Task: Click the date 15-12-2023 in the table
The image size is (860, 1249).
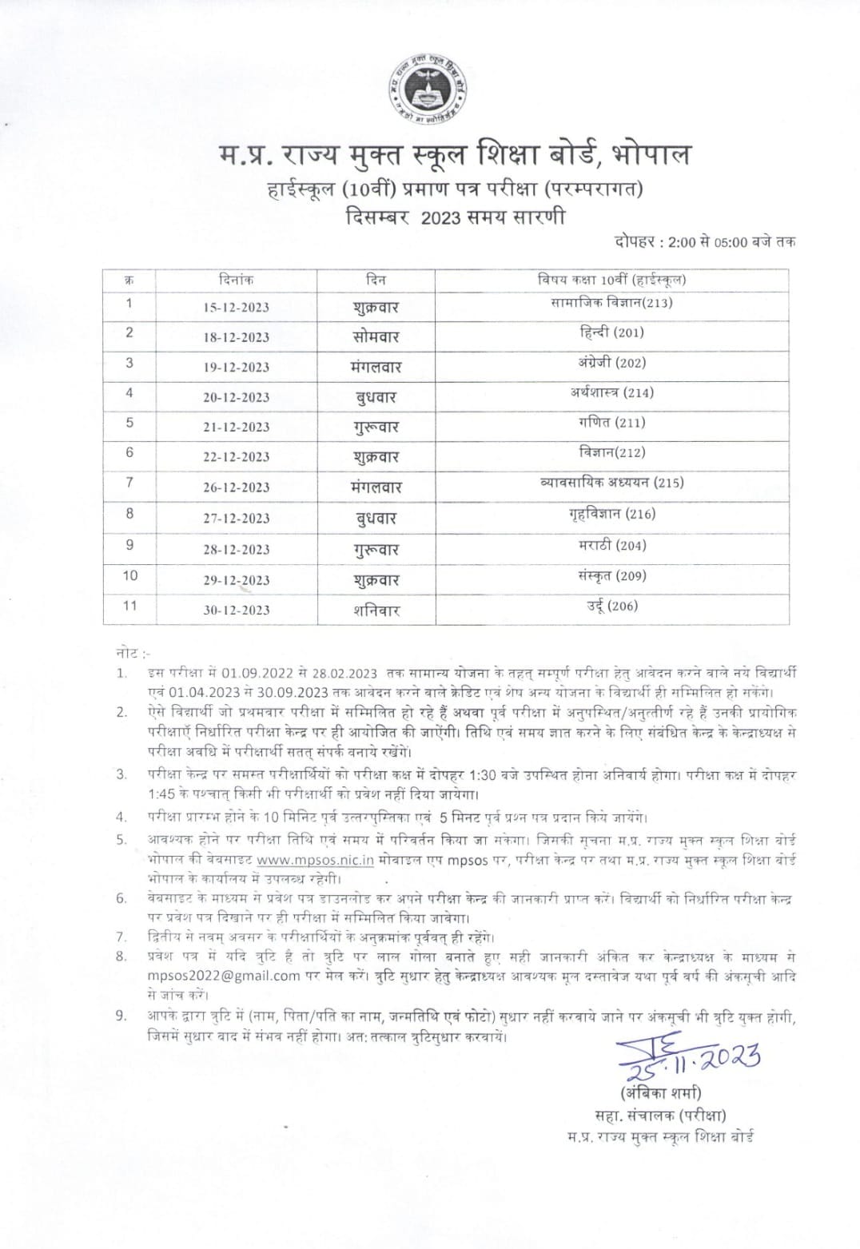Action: click(236, 308)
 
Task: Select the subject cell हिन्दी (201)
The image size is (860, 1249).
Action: click(611, 332)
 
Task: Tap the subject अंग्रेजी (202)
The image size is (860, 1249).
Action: click(611, 362)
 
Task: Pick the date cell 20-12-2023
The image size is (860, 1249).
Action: click(236, 397)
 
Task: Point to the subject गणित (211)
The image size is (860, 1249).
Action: click(611, 422)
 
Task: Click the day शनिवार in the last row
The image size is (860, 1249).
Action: click(376, 611)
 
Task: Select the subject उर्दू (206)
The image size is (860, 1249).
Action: click(611, 606)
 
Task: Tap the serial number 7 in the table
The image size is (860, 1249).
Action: click(129, 483)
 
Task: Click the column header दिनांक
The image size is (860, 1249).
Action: click(236, 280)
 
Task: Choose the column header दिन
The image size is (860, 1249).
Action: click(376, 280)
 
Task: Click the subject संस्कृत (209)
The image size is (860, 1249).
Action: click(611, 575)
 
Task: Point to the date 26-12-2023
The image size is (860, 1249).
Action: click(236, 487)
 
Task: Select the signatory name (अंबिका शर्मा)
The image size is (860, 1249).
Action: click(659, 1092)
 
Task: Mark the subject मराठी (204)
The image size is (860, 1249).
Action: click(611, 546)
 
